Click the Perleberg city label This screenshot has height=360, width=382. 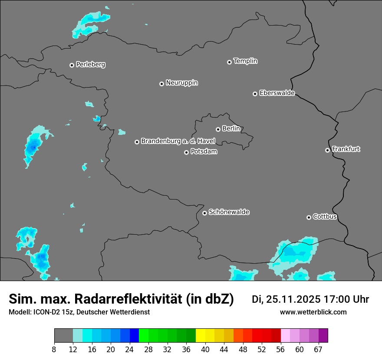point(90,65)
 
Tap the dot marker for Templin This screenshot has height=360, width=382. point(229,62)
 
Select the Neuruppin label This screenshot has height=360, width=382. point(181,83)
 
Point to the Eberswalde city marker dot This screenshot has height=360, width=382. point(255,94)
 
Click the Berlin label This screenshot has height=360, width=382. point(231,129)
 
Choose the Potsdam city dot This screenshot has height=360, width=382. point(186,152)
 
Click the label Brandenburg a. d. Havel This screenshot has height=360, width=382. point(178,141)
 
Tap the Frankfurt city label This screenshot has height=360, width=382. point(346,149)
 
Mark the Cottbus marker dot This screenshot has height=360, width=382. point(309,217)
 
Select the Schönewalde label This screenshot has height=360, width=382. point(229,213)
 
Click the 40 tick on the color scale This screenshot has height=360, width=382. point(205,349)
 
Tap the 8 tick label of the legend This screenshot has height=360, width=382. point(55,349)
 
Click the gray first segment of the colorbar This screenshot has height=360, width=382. point(63,336)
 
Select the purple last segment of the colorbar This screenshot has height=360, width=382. point(323,336)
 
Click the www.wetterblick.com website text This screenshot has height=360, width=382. point(313,312)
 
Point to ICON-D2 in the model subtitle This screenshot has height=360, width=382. point(45,312)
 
